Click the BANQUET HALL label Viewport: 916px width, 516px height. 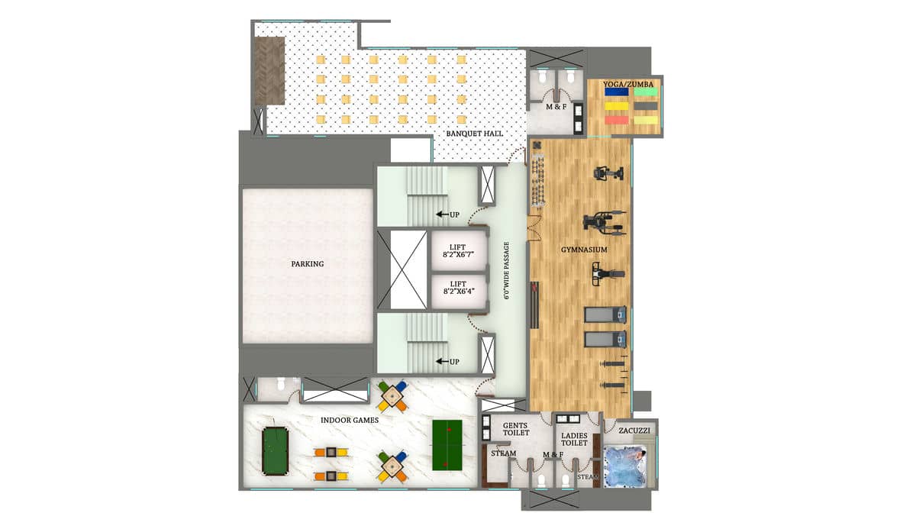[474, 134]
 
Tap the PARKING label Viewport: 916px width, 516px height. [308, 264]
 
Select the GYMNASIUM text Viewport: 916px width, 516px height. [584, 250]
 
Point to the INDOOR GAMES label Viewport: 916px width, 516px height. [350, 420]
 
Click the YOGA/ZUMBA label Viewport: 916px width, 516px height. [628, 84]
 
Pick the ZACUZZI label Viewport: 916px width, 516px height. [634, 431]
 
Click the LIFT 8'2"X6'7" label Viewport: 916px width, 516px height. [458, 250]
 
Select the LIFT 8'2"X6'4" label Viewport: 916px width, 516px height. [459, 288]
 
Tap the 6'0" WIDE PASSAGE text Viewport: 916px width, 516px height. [506, 270]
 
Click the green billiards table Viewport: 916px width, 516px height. [276, 451]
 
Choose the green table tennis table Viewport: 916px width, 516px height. [447, 445]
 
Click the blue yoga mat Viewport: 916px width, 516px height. [616, 92]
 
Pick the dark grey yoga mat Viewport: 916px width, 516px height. [646, 106]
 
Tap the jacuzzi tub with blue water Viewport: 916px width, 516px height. [625, 466]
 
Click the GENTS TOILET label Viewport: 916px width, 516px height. [516, 429]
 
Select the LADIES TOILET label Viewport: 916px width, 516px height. [574, 439]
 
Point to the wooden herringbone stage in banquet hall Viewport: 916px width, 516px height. [269, 70]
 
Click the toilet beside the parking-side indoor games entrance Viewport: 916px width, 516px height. [281, 385]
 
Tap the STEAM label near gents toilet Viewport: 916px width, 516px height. [503, 453]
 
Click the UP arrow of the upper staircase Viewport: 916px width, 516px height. [442, 214]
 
